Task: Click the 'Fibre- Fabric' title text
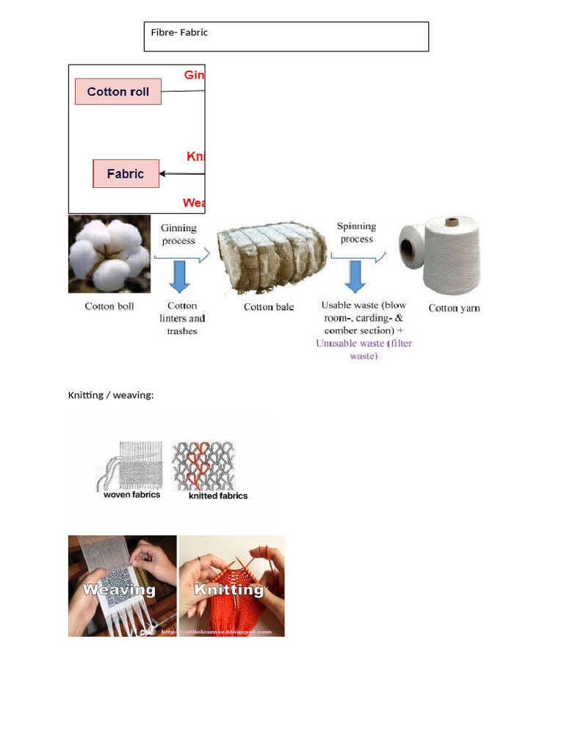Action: click(x=179, y=32)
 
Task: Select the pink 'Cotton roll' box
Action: click(x=117, y=92)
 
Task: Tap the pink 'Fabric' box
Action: click(x=126, y=174)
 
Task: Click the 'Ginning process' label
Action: click(x=178, y=234)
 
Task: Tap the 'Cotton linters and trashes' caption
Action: click(x=182, y=318)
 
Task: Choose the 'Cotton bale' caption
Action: click(x=269, y=307)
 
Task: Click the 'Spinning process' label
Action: click(x=356, y=233)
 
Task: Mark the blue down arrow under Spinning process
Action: click(x=356, y=276)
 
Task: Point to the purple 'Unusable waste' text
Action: click(x=364, y=350)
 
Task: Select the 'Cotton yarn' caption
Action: click(x=454, y=308)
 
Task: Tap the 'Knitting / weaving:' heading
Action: click(x=111, y=396)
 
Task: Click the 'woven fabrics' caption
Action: click(x=132, y=495)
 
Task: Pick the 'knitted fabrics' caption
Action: click(x=218, y=496)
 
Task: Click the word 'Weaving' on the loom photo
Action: click(x=119, y=589)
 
